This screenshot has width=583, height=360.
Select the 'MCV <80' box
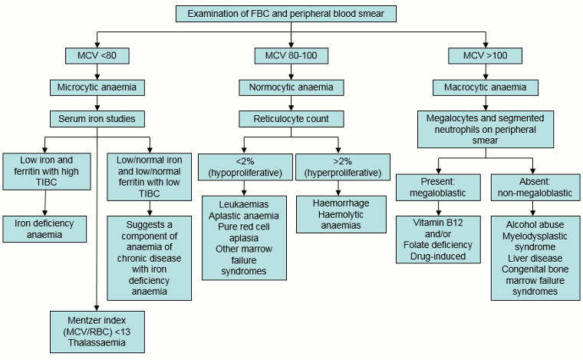point(97,56)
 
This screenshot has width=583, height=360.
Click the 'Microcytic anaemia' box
point(97,87)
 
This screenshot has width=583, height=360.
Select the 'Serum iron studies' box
point(97,119)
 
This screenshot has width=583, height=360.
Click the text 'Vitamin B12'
point(438,223)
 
